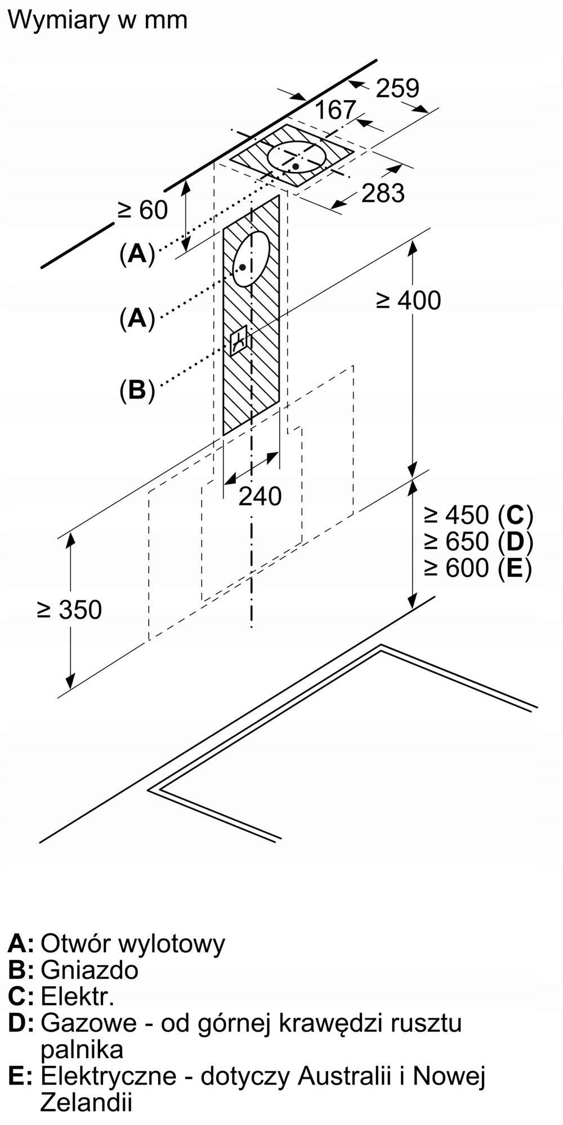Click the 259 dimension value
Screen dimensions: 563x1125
tap(397, 88)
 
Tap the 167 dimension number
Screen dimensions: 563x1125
tap(336, 110)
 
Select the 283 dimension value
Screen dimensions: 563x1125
tap(383, 193)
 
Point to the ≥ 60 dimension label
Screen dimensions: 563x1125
tap(142, 210)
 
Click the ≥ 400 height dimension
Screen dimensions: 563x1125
tap(408, 300)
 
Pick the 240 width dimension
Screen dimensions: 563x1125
tap(260, 496)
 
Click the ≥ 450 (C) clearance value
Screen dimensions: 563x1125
tap(479, 515)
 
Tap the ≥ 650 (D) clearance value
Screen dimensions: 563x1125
tap(479, 541)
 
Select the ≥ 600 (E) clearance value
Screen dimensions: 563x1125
tap(478, 568)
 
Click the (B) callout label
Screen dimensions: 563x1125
tap(137, 390)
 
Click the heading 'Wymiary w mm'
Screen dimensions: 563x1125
tap(98, 21)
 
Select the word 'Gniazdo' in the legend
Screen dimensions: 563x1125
tap(90, 970)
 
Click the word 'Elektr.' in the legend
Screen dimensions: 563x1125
tap(78, 997)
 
